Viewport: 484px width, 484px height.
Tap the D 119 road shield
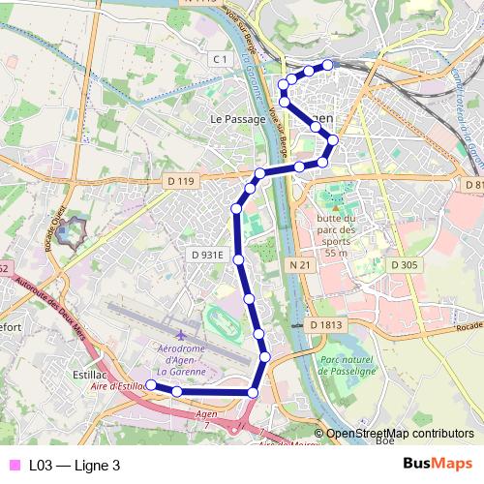click(181, 180)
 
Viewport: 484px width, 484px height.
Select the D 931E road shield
click(207, 255)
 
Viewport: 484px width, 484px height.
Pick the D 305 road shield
click(405, 263)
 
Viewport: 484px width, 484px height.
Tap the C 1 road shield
click(222, 60)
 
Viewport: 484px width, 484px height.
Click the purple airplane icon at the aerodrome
click(178, 333)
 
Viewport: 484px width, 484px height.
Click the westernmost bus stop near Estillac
click(150, 385)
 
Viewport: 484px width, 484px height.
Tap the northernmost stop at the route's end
click(327, 65)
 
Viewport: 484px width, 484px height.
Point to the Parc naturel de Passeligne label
click(346, 364)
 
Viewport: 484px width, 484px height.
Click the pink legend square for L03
click(13, 465)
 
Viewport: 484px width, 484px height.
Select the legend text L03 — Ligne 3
click(75, 465)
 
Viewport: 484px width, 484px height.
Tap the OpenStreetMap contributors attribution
click(400, 434)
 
